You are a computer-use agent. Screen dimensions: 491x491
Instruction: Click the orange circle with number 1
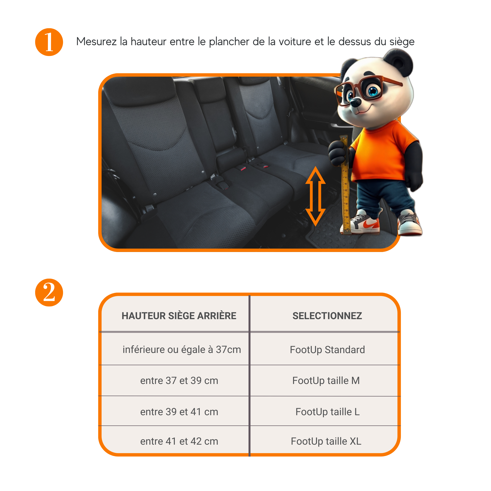coord(49,42)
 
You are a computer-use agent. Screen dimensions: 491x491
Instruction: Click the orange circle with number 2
coord(49,292)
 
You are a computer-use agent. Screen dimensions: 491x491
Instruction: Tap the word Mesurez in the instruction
coord(96,41)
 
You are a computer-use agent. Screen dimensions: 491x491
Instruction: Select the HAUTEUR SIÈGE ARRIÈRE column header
coord(179,316)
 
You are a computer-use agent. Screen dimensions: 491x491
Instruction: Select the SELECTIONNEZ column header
coord(327,316)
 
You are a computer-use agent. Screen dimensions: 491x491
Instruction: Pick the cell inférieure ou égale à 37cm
coord(181,349)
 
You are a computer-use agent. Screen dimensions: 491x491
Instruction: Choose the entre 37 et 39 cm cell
coord(179,380)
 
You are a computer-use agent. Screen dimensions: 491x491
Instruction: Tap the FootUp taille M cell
coord(326,380)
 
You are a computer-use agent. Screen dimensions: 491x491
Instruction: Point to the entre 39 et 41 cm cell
coord(179,412)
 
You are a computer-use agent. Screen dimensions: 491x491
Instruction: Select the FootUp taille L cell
coord(327,412)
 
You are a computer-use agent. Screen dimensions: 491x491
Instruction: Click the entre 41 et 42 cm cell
coord(179,441)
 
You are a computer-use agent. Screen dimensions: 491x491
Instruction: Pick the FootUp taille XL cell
coord(326,441)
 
